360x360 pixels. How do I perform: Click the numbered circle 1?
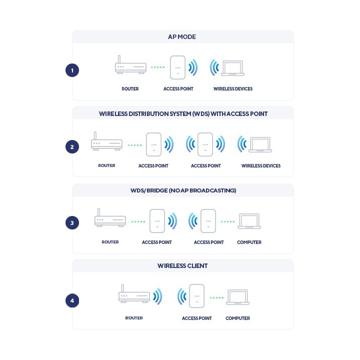point(72,70)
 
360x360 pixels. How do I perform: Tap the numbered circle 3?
point(72,222)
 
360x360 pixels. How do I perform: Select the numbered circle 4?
point(72,300)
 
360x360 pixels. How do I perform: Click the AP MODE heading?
point(182,36)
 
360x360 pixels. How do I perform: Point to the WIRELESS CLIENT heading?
point(182,265)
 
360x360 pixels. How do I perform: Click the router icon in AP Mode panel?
point(130,64)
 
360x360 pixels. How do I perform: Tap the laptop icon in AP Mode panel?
point(232,68)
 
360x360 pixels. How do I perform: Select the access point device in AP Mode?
point(177,67)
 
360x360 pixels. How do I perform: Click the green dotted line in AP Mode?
point(157,67)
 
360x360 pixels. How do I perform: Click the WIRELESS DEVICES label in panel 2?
point(261,166)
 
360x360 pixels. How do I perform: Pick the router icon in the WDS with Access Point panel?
point(107,141)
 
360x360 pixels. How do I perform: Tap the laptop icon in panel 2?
point(260,144)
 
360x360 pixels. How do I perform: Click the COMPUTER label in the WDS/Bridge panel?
point(249,242)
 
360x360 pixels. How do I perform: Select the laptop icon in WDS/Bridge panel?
point(249,221)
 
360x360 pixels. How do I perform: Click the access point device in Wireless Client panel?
point(197,296)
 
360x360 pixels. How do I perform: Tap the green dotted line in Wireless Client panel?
point(216,298)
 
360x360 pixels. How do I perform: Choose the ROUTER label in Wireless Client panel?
point(134,318)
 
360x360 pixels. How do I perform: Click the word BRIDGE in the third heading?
point(157,190)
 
